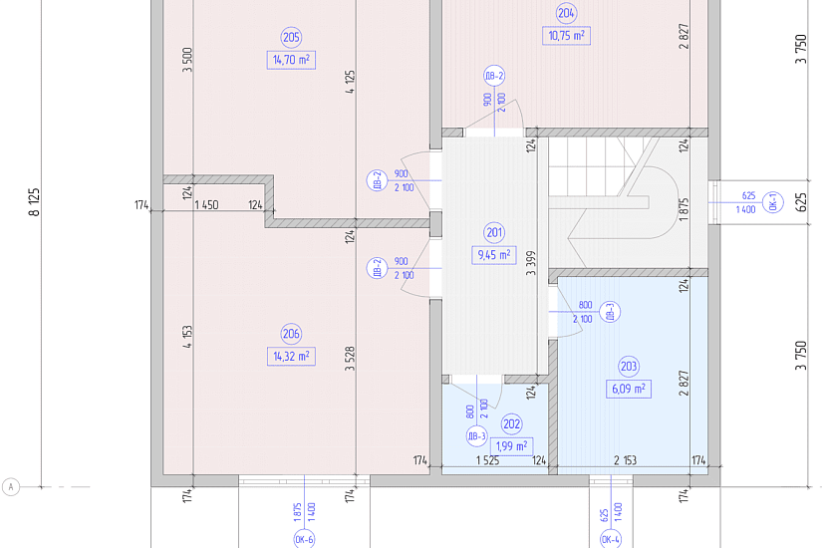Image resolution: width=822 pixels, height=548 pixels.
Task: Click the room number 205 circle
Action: (291, 37)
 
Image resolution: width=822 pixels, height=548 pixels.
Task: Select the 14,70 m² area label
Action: (291, 60)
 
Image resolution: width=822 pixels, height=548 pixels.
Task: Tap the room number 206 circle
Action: (291, 334)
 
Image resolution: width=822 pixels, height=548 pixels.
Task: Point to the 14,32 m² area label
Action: (291, 356)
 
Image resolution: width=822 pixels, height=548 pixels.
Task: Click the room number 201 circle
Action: (494, 232)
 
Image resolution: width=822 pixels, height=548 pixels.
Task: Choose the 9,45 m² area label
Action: (494, 255)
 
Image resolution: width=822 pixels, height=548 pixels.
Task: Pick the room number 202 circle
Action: (511, 423)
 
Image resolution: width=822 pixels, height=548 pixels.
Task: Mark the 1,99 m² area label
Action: (511, 446)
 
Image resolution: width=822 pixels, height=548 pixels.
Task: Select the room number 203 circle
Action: (629, 366)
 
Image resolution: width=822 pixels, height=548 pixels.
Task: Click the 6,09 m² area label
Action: (629, 390)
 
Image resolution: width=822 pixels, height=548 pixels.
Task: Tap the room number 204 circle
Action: (566, 13)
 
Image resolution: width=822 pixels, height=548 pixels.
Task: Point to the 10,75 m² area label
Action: (566, 36)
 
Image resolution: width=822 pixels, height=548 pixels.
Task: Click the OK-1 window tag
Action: (773, 202)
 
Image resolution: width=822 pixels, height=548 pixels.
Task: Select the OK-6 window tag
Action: (304, 539)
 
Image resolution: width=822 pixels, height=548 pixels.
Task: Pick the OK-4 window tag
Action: (611, 539)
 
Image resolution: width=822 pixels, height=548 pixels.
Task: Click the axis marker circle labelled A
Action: (11, 486)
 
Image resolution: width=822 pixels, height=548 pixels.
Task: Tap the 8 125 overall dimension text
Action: (35, 202)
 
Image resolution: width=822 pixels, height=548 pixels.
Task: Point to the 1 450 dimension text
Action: (206, 204)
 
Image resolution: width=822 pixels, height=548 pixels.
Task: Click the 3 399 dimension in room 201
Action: (531, 263)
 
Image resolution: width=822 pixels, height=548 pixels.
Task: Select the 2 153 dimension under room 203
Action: (625, 460)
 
